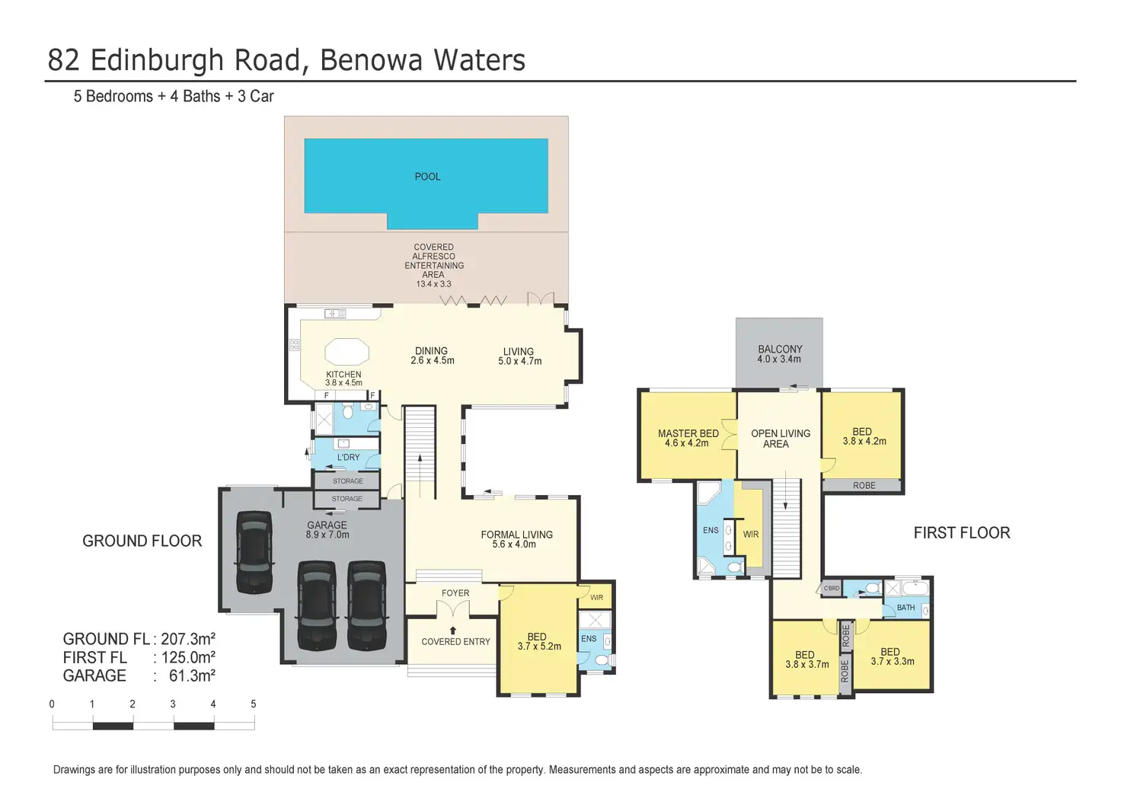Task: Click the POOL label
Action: (427, 177)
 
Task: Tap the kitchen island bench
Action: (347, 353)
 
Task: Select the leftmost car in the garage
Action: (254, 551)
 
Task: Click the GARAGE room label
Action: (327, 525)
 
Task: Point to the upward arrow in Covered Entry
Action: (453, 630)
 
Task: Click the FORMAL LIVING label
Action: (516, 535)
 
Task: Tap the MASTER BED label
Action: (688, 433)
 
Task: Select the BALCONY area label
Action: (780, 350)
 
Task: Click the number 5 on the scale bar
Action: (254, 704)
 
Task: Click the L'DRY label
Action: (348, 458)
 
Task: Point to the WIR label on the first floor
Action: (751, 535)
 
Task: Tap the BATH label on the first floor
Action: (905, 608)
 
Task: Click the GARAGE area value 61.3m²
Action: (192, 675)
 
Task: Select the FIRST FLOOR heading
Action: (962, 533)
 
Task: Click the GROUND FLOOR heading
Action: (142, 541)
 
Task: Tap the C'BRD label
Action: (832, 589)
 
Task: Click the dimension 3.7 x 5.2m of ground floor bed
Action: (539, 647)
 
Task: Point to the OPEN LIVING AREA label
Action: (780, 439)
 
